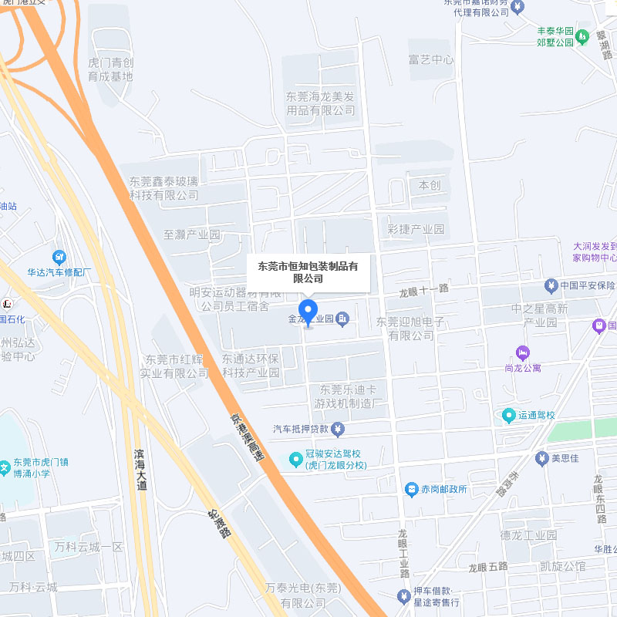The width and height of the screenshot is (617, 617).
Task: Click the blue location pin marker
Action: point(308,312)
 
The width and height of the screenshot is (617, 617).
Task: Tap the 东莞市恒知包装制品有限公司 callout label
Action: point(308,272)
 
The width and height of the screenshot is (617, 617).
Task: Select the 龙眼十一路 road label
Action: point(423,290)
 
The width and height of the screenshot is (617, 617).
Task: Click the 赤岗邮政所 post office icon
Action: point(412,489)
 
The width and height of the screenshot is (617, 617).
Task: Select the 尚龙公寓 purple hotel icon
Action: point(523,352)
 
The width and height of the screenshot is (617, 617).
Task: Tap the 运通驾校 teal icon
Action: point(508,416)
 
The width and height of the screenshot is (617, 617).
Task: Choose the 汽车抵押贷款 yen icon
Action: point(338,429)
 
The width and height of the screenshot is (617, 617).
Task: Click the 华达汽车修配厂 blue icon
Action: point(59,257)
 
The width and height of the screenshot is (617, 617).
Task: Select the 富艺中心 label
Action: point(431,60)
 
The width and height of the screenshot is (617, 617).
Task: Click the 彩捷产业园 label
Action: point(416,229)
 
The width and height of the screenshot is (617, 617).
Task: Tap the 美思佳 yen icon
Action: point(541,458)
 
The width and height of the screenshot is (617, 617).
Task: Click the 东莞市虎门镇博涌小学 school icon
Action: point(5,467)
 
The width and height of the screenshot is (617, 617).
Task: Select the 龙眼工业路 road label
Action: point(403,554)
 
